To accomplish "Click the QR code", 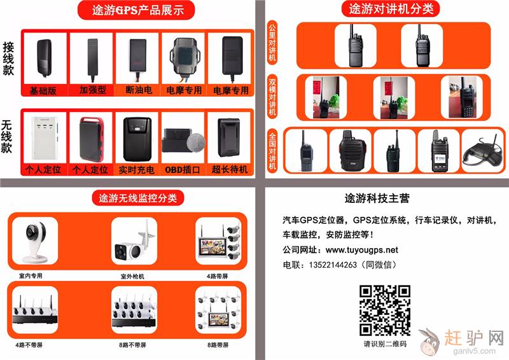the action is coord(385,310).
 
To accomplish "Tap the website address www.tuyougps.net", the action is coord(361,249).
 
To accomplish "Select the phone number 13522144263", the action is coord(333,265).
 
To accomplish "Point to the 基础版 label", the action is coord(43,90).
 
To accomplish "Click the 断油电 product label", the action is coord(139,90).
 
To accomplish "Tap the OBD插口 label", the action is coord(182,170).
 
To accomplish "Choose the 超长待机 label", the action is coord(230,169).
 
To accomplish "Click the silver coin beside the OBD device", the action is coord(196,142).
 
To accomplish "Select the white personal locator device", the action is coord(45,138).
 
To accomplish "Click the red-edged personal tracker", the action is coord(92,139).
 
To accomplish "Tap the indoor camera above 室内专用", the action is coord(35,241).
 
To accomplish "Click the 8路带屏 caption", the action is coord(218,345).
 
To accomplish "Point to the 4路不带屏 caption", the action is coord(29,345).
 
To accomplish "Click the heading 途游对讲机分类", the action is coord(391,9).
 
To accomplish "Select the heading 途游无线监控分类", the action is coord(137,198).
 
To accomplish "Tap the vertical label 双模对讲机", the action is coord(272,97).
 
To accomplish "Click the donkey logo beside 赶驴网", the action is coord(429,342).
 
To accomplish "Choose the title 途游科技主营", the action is coord(377,198).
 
